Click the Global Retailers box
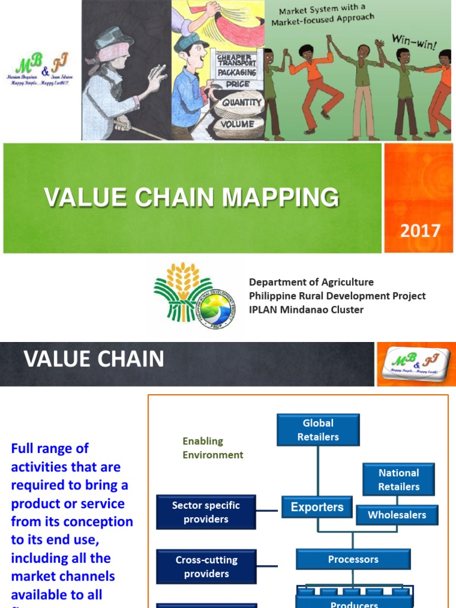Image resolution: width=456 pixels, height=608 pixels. [318, 430]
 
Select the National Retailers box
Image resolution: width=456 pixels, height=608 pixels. [398, 480]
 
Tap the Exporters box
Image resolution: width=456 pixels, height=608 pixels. [317, 508]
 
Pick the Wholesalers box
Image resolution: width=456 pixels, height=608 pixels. [397, 515]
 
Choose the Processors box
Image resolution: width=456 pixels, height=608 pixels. [353, 559]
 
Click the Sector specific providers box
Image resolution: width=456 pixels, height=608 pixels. [206, 512]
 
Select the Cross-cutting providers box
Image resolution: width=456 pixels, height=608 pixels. [206, 566]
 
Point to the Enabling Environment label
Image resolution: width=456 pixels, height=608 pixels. [213, 448]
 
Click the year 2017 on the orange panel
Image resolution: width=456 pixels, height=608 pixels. [420, 230]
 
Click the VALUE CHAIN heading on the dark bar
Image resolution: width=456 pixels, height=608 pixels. [94, 359]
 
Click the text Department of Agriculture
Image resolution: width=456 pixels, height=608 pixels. [311, 282]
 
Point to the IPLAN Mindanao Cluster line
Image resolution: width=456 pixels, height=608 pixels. [306, 309]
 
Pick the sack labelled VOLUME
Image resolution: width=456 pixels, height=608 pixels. [237, 125]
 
